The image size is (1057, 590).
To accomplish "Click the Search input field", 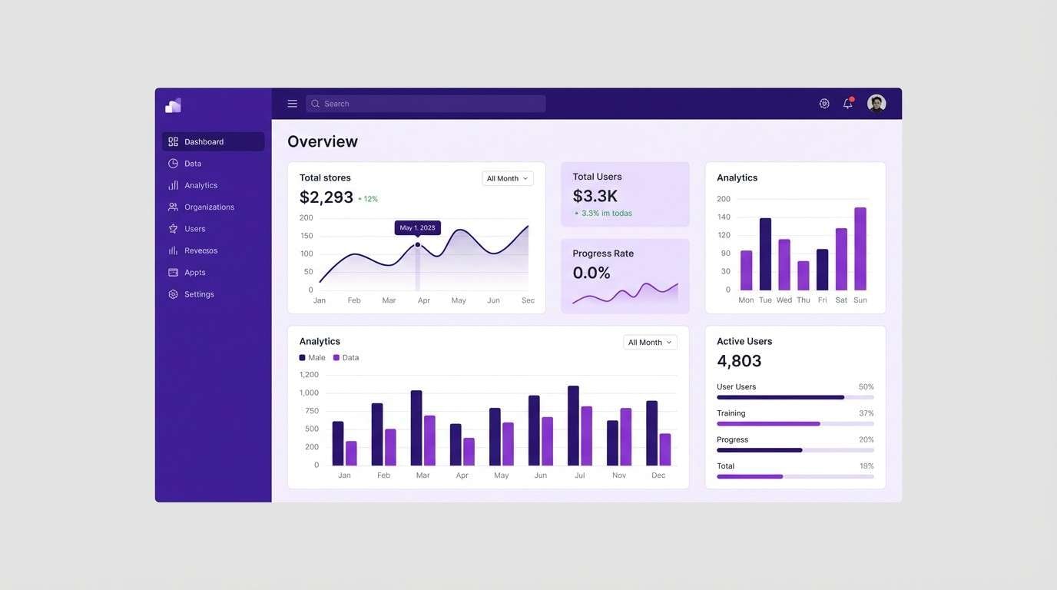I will coord(426,104).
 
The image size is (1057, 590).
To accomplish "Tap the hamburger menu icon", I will coord(293,104).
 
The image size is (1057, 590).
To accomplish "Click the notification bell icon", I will coord(848,104).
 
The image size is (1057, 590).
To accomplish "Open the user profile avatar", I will coord(876,104).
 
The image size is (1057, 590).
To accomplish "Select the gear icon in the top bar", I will coord(824,104).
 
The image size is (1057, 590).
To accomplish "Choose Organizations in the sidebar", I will coord(209,207).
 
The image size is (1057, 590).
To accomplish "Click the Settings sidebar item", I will coord(199,294).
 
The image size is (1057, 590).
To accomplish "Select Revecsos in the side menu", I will coord(200,250).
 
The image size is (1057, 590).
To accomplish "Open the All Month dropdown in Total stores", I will coord(507,178).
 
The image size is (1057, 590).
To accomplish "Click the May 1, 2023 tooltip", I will coord(417,228).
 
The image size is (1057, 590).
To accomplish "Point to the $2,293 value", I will coord(326,197).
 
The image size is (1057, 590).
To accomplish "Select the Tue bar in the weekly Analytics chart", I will coord(765,254).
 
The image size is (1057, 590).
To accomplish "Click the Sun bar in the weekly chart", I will coord(860,249).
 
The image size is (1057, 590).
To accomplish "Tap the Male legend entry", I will coord(313,358).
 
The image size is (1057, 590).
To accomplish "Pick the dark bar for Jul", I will coord(573,426).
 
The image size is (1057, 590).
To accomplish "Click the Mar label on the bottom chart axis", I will coord(422,476).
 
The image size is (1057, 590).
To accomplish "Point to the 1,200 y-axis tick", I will coord(309,375).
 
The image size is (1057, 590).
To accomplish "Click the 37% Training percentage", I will coord(866,413).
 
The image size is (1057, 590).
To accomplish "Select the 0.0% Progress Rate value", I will coord(591,273).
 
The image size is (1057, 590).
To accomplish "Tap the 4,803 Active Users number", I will coord(739,361).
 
